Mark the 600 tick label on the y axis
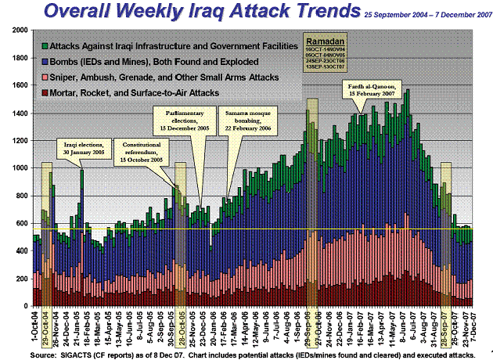(x=21, y=224)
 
